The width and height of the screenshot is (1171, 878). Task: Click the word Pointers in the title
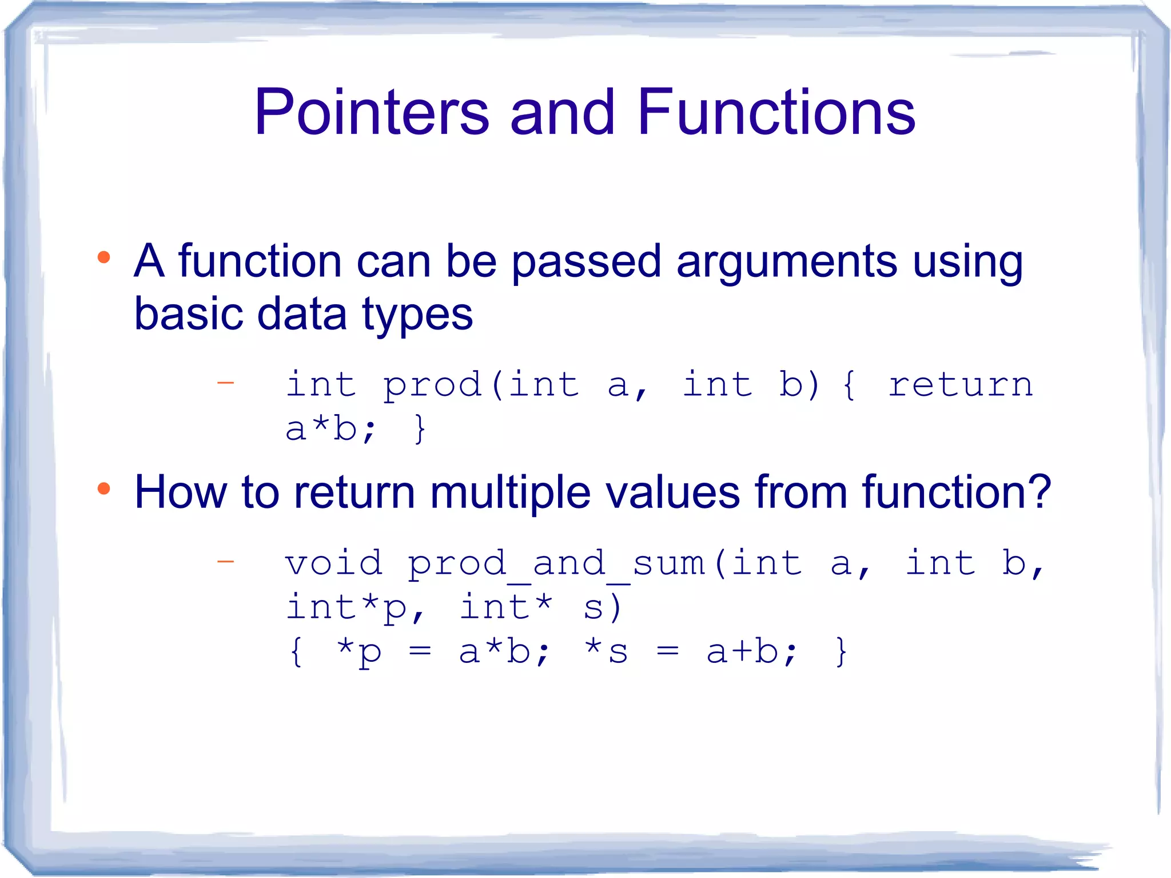371,113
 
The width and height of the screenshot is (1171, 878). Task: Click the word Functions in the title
776,113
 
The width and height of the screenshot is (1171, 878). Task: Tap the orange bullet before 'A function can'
103,257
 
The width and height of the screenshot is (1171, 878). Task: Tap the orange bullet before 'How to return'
103,488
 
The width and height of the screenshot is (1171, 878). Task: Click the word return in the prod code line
960,384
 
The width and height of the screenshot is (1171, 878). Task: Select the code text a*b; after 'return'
330,428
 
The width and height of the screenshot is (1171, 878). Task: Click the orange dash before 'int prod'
226,383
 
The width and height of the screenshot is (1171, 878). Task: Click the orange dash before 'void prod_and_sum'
226,562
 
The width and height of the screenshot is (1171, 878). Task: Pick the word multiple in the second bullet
510,493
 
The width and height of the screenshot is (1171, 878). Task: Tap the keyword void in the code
334,563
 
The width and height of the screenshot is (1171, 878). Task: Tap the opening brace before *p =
296,652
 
